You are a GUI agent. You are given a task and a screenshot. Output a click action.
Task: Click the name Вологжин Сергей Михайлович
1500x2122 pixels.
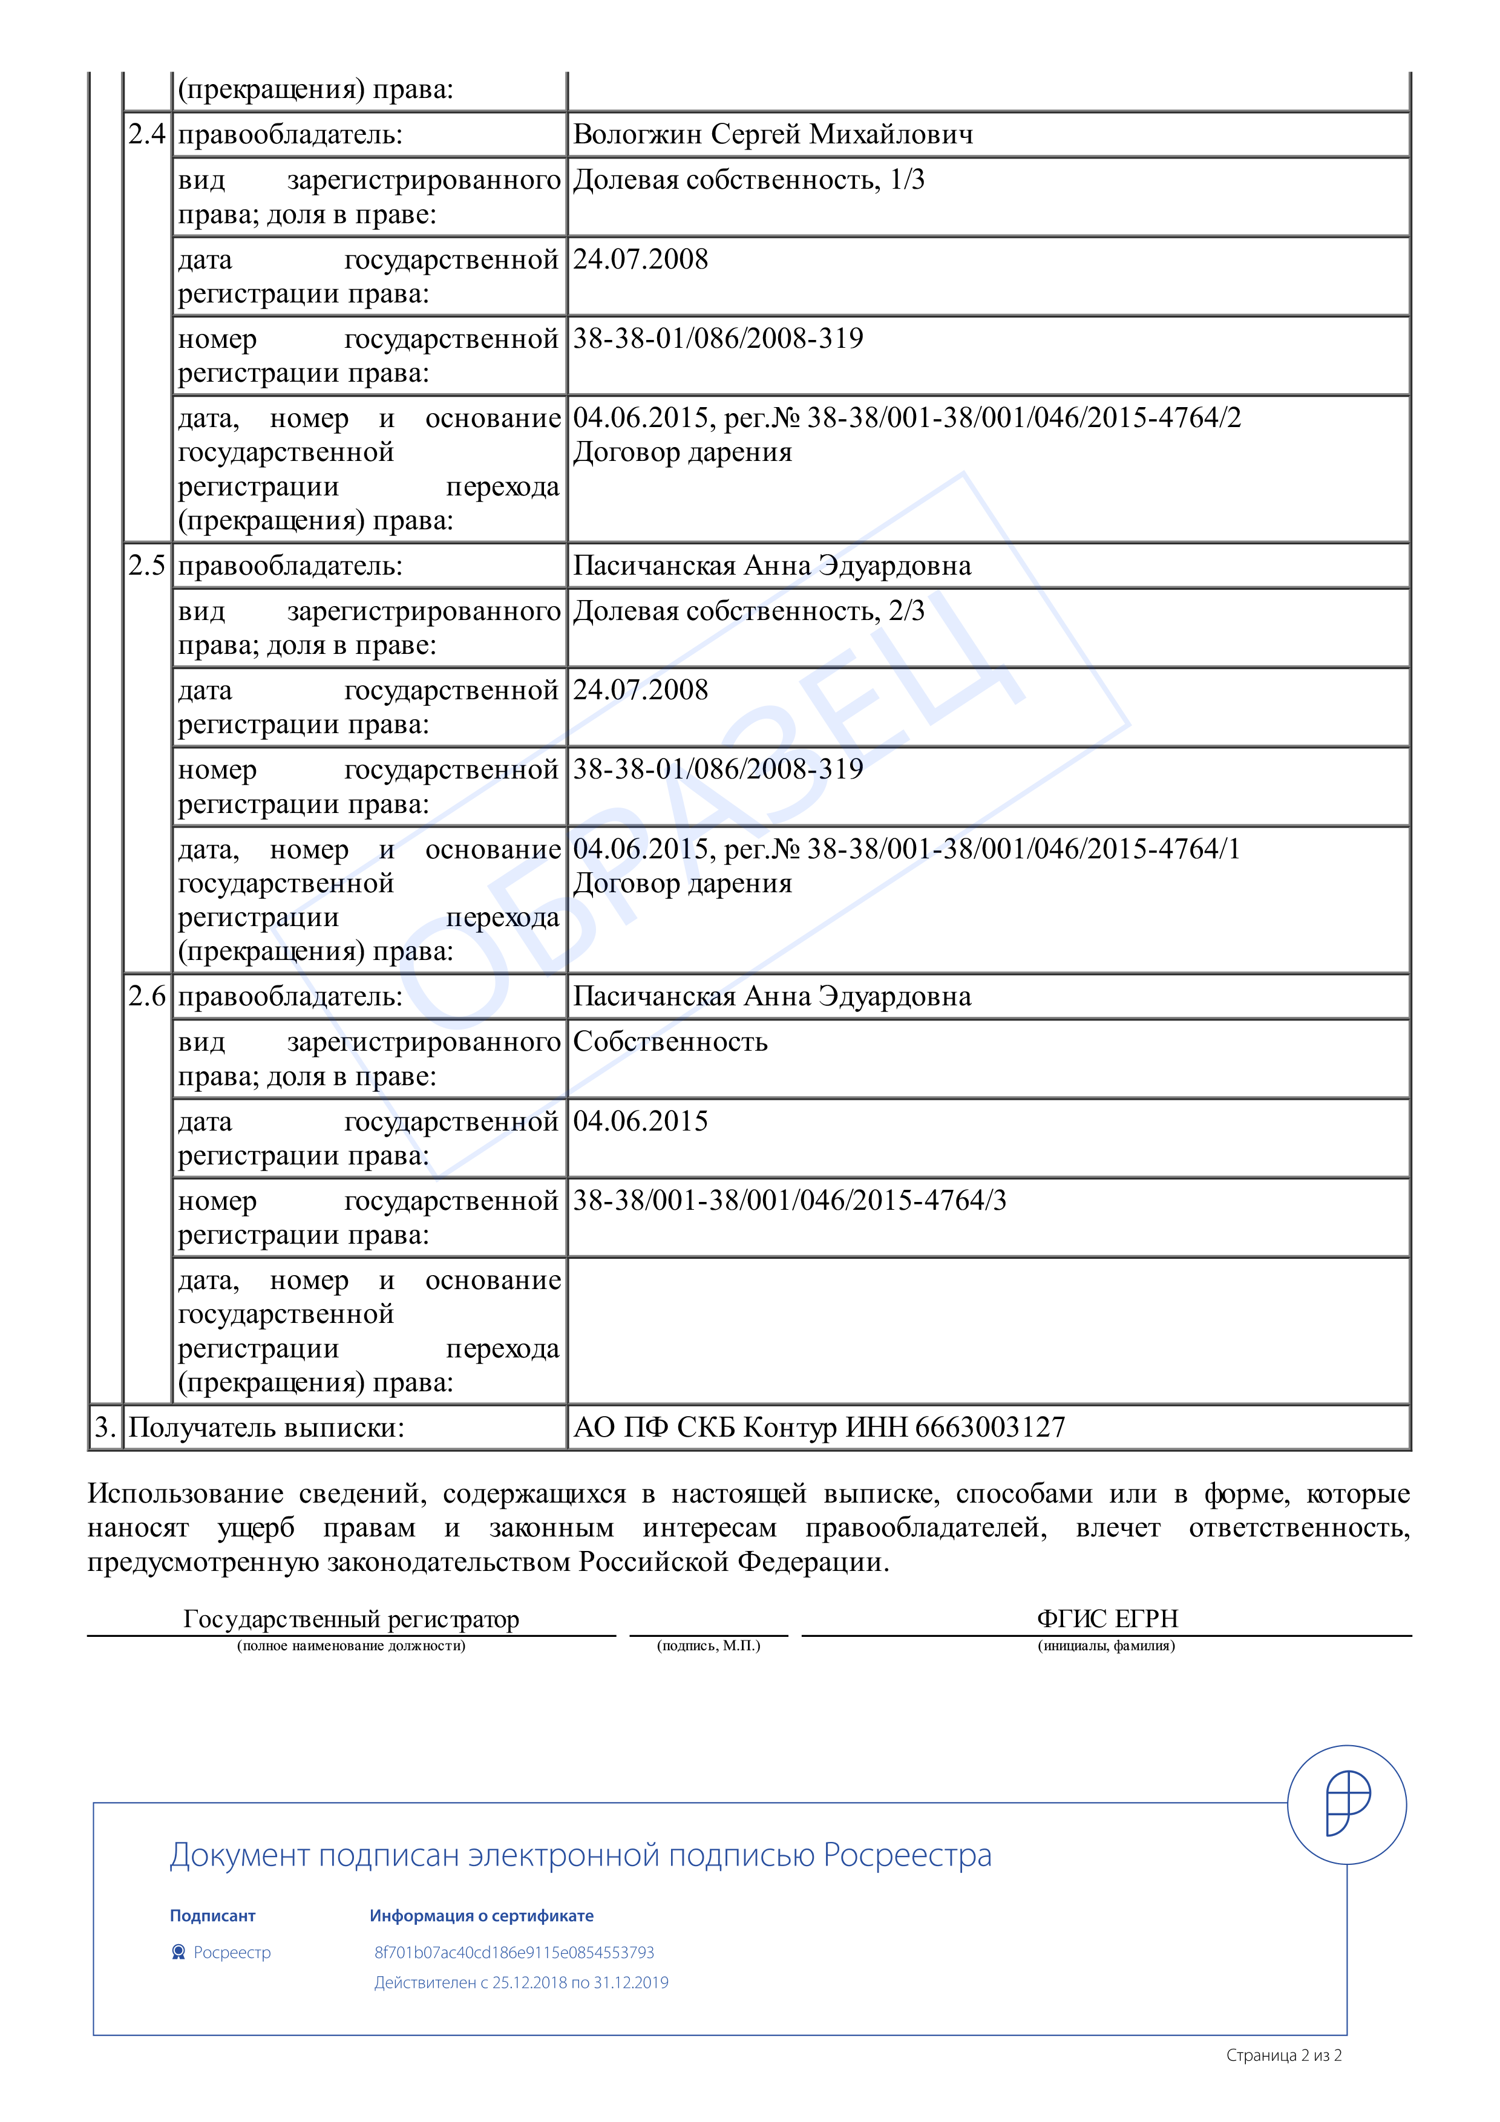pos(773,135)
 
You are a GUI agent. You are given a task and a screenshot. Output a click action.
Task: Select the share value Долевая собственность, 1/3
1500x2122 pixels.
pos(748,180)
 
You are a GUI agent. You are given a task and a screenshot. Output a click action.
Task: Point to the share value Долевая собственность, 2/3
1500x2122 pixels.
pos(748,612)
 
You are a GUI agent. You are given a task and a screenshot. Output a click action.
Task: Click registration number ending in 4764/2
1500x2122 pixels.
pos(1023,418)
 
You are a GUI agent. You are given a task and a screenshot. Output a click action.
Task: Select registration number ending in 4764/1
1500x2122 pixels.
pos(1023,849)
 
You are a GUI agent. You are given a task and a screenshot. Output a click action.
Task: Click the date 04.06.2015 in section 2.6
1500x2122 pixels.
pos(641,1121)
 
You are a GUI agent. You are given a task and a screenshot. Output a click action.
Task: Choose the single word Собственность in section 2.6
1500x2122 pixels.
pos(670,1042)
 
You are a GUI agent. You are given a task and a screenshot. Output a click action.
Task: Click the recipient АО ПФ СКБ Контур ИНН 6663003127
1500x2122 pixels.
pos(819,1427)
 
